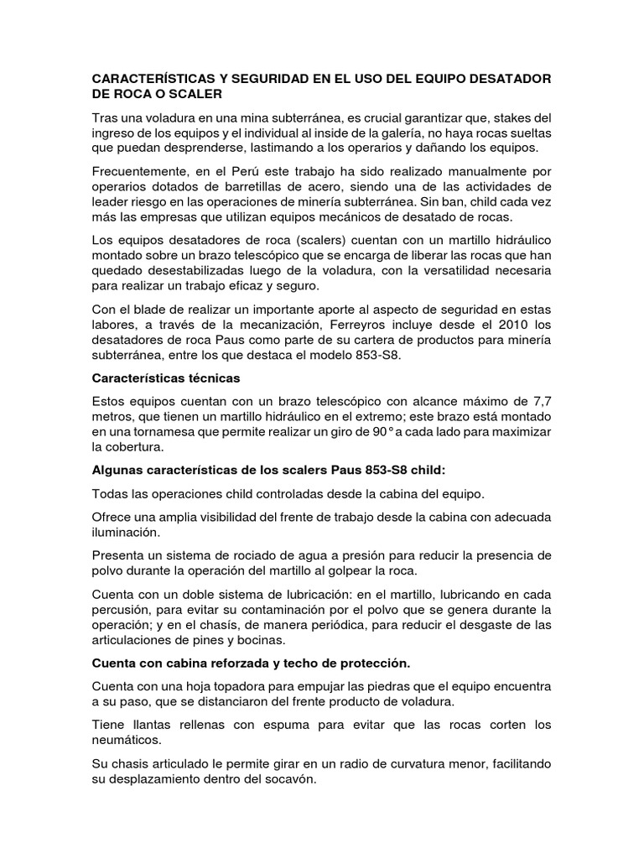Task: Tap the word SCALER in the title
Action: click(x=195, y=95)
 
